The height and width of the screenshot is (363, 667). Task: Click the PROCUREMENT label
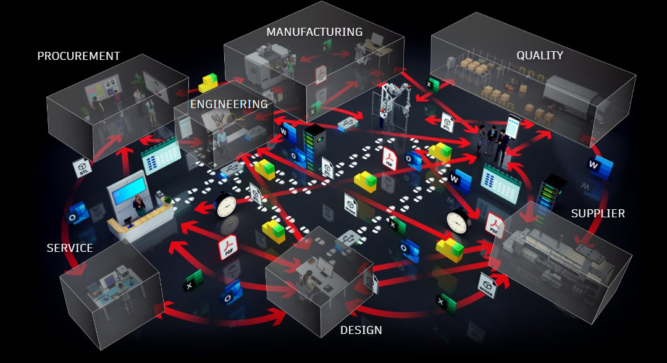pos(78,56)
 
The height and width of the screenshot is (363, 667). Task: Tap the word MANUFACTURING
pos(314,32)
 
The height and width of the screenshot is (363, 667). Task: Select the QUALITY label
pos(540,56)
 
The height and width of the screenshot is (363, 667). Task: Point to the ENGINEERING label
pos(229,104)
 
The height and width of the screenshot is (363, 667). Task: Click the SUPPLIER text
pos(598,214)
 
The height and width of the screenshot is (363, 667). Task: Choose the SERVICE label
pos(70,248)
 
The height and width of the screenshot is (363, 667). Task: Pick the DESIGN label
pos(361,330)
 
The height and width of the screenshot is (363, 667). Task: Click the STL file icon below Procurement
pos(83,168)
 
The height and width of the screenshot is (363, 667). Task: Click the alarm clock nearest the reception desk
pos(225,205)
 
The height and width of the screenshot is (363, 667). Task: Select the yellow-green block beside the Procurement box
pos(208,83)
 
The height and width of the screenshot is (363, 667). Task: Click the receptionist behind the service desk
pos(139,206)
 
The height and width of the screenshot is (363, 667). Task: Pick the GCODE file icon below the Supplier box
pos(486,285)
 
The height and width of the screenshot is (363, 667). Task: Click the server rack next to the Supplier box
pos(552,193)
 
